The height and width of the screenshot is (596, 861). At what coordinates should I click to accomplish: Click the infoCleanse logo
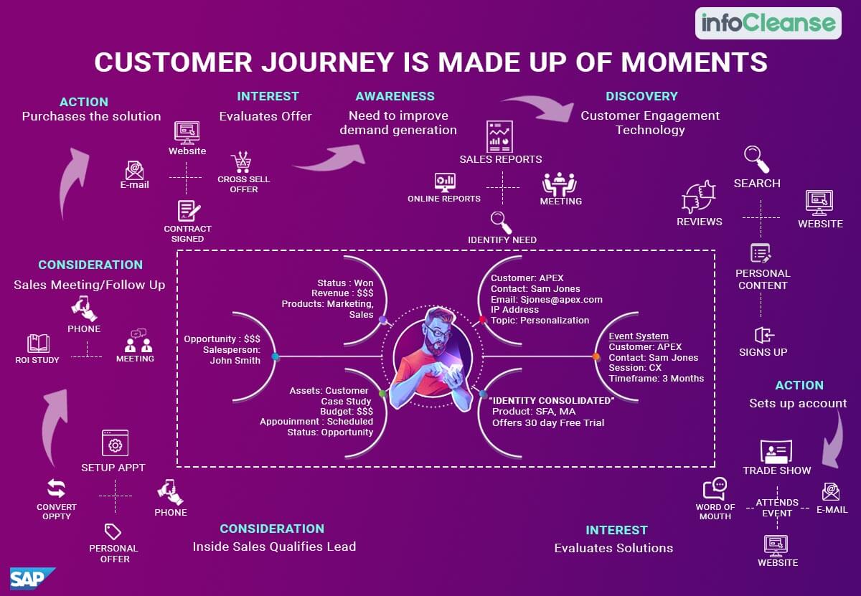coord(768,23)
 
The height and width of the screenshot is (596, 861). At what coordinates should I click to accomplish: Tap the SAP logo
coord(32,578)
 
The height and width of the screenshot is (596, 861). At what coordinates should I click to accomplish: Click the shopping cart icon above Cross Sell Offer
coord(242,162)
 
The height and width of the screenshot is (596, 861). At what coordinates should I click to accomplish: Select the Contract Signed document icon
coord(188,211)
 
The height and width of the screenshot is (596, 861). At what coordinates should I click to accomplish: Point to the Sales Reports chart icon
coord(499,137)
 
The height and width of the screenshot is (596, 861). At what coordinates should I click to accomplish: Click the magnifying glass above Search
coord(756,159)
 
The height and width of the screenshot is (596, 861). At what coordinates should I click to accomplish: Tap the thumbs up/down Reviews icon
coord(698,197)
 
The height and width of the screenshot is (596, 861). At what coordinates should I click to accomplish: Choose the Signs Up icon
coord(763,335)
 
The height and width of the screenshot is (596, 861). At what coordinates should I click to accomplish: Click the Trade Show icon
coord(776,451)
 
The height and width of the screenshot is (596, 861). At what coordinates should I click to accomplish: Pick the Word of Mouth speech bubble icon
coord(715,488)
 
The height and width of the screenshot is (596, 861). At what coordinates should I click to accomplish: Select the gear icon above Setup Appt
coord(115,443)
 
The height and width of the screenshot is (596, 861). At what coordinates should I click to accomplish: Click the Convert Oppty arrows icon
coord(56,488)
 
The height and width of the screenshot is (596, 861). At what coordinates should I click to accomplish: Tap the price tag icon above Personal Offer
coord(113,532)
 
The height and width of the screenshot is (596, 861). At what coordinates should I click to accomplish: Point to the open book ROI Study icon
coord(38,343)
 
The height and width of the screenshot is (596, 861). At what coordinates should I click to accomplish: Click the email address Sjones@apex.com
coord(561,299)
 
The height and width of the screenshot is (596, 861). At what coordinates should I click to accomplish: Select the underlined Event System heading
coord(639,336)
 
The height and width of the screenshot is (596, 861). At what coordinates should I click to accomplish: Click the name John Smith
coord(235,361)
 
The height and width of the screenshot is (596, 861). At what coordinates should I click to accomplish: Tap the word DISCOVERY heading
coord(641,96)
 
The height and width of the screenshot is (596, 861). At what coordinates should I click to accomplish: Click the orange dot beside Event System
coord(596,356)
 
